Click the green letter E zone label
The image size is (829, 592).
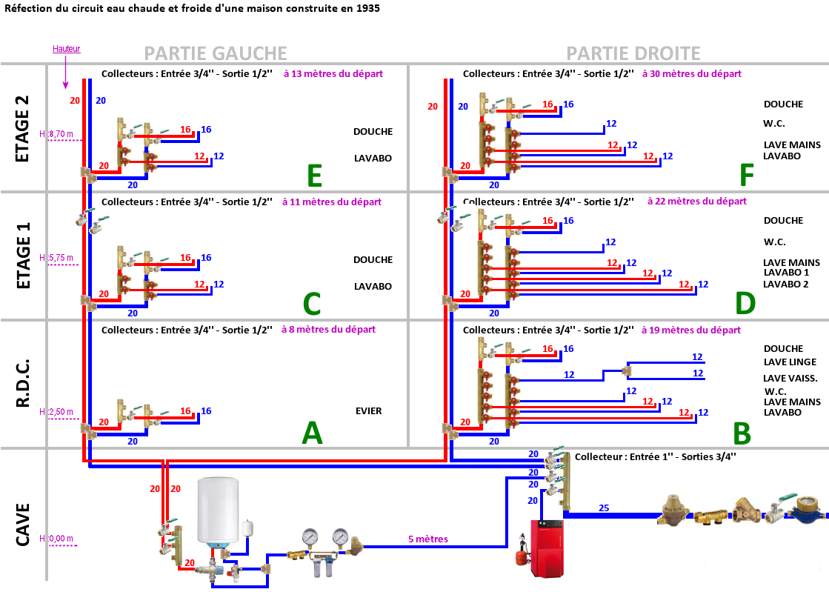pos(314,176)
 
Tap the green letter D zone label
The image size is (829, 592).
pos(745,303)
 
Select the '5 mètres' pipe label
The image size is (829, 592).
pos(428,539)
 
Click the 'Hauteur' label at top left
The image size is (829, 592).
pos(66,49)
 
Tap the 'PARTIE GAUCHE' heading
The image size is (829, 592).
pos(215,53)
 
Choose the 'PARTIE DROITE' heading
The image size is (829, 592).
pos(633,53)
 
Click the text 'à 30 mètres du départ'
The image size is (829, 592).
pos(691,73)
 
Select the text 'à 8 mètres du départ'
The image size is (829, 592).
pos(328,329)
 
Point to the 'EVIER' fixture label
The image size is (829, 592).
pos(368,410)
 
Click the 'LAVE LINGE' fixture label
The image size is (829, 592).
pos(790,362)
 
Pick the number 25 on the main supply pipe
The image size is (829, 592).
pos(603,508)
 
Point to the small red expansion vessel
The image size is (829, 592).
pos(513,556)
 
